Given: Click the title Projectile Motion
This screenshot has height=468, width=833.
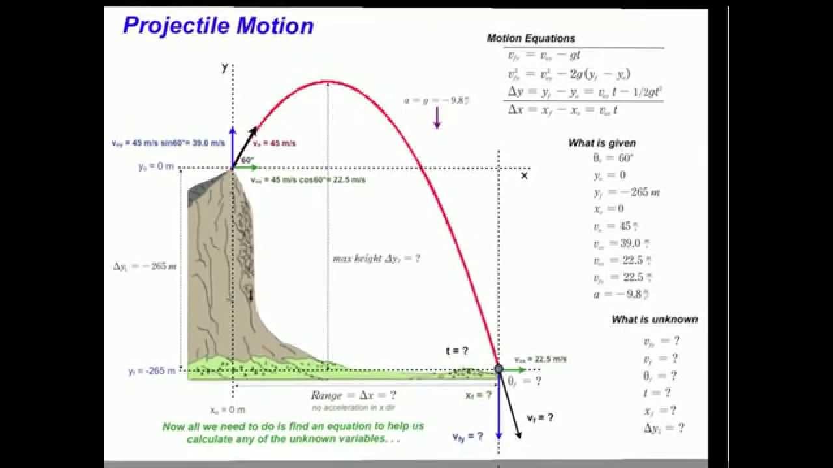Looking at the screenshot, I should pyautogui.click(x=218, y=25).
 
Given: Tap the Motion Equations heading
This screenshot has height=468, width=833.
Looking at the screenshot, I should pyautogui.click(x=531, y=38).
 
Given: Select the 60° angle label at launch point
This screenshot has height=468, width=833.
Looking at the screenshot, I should pyautogui.click(x=247, y=160).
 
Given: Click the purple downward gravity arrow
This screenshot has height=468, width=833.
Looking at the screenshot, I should pyautogui.click(x=437, y=117).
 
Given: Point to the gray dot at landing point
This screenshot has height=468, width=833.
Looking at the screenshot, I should pyautogui.click(x=498, y=369).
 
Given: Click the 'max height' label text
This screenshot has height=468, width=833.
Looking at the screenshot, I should pyautogui.click(x=376, y=258).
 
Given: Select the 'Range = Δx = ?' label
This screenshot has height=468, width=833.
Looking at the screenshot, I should pyautogui.click(x=353, y=395).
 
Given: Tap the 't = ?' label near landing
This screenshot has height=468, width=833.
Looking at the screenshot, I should pyautogui.click(x=457, y=351).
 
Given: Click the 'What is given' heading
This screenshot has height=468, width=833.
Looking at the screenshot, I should pyautogui.click(x=602, y=143).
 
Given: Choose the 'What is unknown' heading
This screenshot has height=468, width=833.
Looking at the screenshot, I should pyautogui.click(x=654, y=319).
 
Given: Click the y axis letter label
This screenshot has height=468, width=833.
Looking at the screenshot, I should pyautogui.click(x=225, y=67).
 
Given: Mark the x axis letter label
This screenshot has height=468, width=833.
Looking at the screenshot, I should pyautogui.click(x=524, y=175).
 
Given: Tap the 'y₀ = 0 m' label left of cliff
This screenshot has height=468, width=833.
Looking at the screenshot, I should pyautogui.click(x=156, y=167).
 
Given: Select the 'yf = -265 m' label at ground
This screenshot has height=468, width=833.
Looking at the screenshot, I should pyautogui.click(x=152, y=371).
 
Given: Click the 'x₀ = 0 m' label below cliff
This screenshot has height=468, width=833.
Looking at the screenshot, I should pyautogui.click(x=228, y=410).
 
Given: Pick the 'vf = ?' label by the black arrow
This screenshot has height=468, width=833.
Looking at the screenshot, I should pyautogui.click(x=540, y=418).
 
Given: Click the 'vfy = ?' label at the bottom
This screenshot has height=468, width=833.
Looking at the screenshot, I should pyautogui.click(x=468, y=437).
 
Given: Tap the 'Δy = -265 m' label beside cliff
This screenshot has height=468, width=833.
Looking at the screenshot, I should pyautogui.click(x=144, y=266).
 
